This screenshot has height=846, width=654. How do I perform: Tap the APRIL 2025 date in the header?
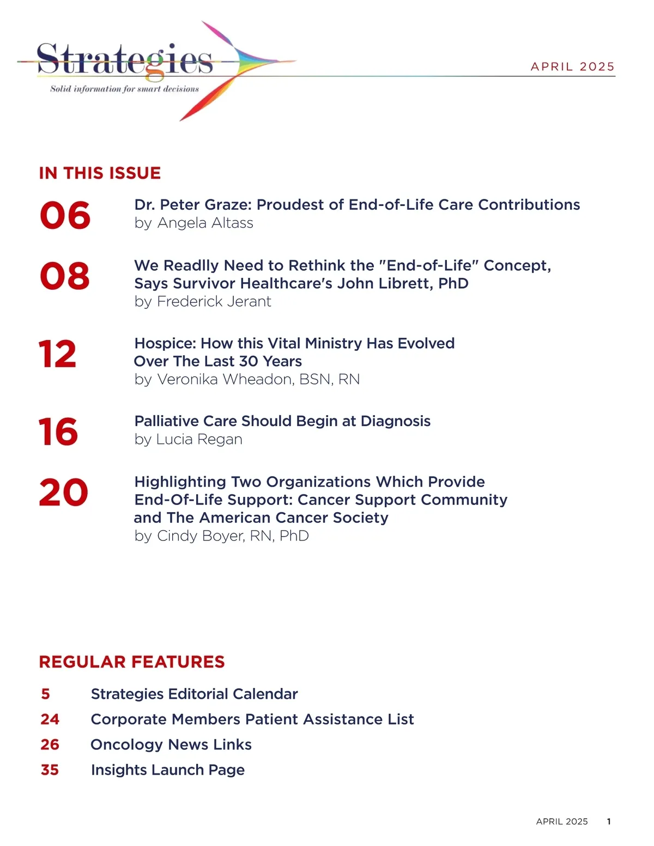click(x=572, y=66)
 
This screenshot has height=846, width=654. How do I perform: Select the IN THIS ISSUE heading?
click(x=100, y=173)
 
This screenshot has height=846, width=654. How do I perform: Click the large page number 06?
click(x=65, y=215)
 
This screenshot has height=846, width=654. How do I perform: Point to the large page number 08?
click(x=65, y=276)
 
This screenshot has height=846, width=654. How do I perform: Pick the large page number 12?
click(x=58, y=354)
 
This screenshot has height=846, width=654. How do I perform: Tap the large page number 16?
click(x=58, y=432)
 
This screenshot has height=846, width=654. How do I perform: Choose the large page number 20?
click(x=63, y=492)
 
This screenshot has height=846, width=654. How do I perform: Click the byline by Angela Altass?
click(x=193, y=223)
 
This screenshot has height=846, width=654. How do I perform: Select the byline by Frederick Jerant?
click(x=203, y=301)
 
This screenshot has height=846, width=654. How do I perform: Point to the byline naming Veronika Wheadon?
click(x=247, y=379)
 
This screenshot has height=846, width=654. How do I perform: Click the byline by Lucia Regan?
click(x=188, y=439)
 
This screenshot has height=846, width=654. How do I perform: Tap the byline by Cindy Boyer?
click(x=221, y=535)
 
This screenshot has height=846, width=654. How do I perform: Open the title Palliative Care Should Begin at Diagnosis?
click(x=282, y=421)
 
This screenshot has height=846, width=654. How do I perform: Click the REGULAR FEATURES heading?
click(x=132, y=662)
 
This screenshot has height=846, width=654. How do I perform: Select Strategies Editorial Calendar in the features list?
click(x=194, y=694)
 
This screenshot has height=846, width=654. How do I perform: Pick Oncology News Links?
click(x=171, y=745)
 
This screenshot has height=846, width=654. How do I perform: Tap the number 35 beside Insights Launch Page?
click(x=50, y=770)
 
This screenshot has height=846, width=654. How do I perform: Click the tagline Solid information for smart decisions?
click(x=124, y=89)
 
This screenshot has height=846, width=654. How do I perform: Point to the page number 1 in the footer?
click(x=609, y=821)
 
